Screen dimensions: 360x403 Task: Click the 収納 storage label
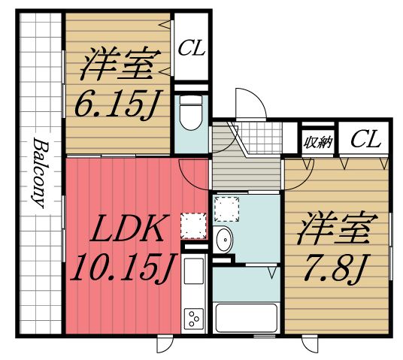click(x=317, y=140)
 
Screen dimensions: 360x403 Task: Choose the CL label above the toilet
click(x=192, y=50)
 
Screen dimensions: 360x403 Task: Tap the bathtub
click(x=247, y=319)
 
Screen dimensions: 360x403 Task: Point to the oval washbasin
click(x=223, y=241)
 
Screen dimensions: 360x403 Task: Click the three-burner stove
click(x=195, y=319)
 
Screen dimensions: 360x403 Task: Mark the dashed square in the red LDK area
click(x=195, y=224)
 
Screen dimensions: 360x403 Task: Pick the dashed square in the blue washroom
click(x=224, y=207)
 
